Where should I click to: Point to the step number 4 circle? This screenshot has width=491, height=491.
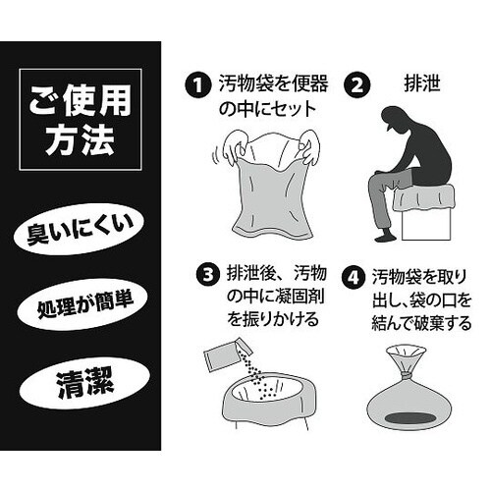(x=355, y=273)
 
